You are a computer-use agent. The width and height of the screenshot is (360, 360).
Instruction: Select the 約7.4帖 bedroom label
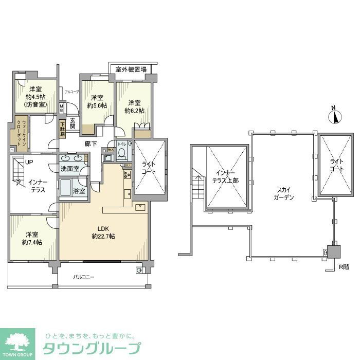coord(32,238)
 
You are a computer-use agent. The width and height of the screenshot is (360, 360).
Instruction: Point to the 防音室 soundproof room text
coord(35,104)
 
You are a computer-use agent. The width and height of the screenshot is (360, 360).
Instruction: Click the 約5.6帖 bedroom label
coord(97,102)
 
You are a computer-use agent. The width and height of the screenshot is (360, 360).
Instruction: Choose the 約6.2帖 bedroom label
coord(134,106)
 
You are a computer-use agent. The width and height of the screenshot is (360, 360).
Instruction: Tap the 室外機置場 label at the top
coord(131,69)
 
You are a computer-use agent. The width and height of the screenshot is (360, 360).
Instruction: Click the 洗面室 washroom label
coord(70,169)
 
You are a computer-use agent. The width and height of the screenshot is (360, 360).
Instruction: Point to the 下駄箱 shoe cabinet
coord(63,129)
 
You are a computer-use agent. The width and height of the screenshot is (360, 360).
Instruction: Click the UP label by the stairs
coord(30,162)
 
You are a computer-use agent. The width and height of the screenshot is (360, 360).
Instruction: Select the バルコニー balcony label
coord(83,277)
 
